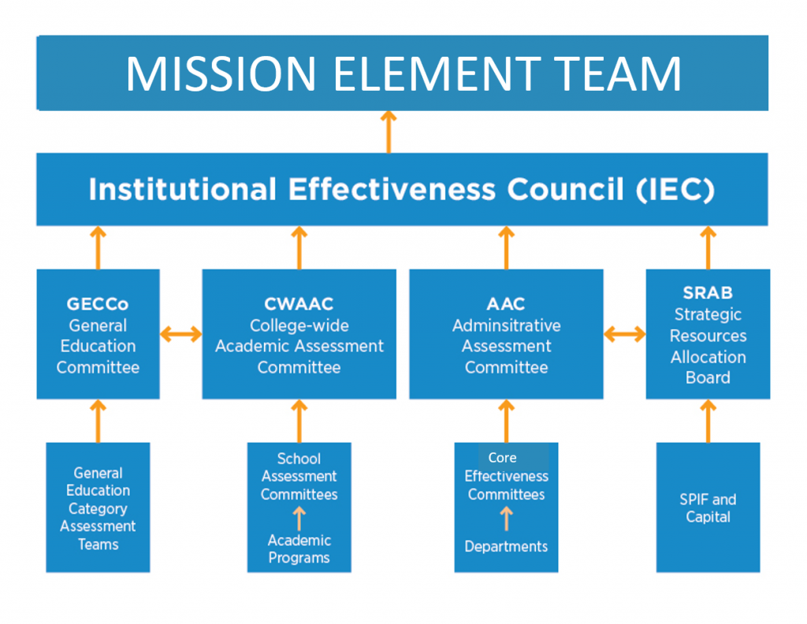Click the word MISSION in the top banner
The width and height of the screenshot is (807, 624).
[221, 73]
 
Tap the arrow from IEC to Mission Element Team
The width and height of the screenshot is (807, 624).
[389, 132]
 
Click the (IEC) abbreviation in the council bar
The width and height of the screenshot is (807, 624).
[675, 189]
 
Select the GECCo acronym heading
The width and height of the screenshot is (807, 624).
[98, 304]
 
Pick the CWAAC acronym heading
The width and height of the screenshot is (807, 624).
[299, 304]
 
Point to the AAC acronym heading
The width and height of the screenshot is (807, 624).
[506, 304]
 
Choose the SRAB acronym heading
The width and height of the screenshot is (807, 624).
[708, 293]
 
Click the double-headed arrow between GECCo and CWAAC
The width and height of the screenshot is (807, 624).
[180, 334]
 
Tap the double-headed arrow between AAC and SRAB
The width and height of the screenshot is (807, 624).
[625, 334]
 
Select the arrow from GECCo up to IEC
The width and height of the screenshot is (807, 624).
[98, 247]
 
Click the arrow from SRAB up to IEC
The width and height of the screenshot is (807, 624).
[708, 247]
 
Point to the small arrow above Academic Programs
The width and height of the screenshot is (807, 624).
[299, 518]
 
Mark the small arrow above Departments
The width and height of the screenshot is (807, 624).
[507, 518]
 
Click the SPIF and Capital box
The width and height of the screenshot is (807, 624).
[708, 507]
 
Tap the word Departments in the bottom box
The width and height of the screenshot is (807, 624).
[506, 546]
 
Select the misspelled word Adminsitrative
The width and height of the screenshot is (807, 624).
[507, 325]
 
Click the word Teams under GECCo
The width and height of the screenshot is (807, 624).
[99, 544]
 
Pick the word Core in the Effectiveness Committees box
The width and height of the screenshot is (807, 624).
[502, 457]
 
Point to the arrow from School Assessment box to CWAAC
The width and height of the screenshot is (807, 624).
[299, 421]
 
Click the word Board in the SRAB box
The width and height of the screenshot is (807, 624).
[708, 377]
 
